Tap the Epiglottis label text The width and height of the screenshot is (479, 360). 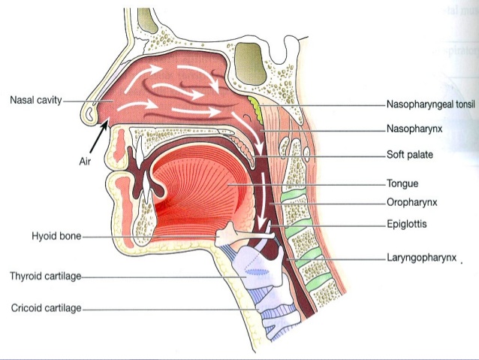click(x=407, y=223)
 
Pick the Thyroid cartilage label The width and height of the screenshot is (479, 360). click(x=45, y=276)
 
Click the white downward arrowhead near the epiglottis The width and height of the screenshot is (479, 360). click(x=263, y=228)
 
